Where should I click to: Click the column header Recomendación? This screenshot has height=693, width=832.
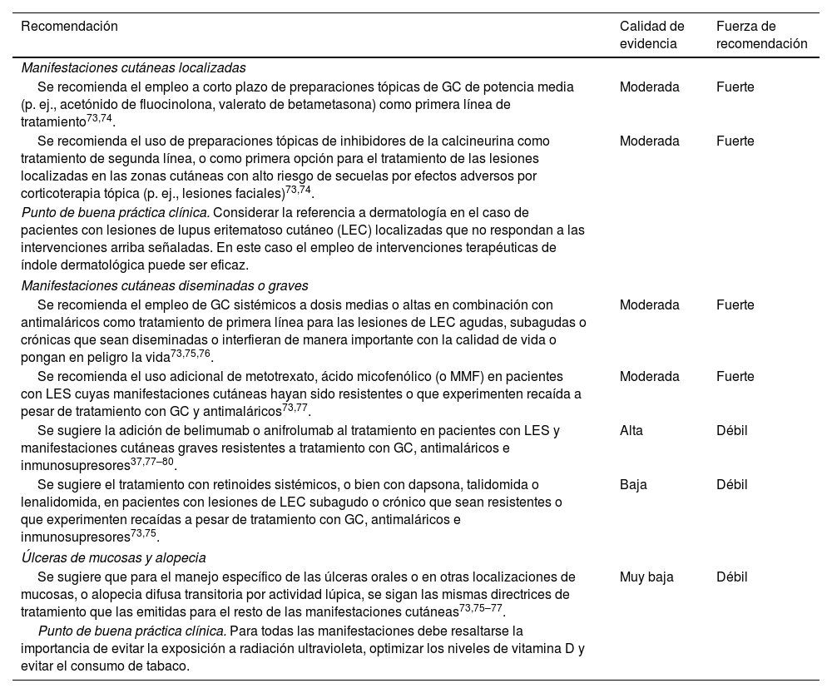click(x=69, y=27)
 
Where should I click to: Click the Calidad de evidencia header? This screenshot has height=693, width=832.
click(x=652, y=35)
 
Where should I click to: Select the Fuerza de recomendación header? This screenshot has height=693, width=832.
click(x=761, y=35)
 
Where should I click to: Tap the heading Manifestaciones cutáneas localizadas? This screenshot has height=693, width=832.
click(x=133, y=68)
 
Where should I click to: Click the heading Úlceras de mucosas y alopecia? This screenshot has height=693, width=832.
click(x=113, y=557)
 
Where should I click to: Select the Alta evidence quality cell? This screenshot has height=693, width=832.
click(x=631, y=431)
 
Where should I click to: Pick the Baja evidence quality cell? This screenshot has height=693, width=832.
click(x=633, y=484)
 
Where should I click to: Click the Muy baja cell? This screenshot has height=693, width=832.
click(x=646, y=577)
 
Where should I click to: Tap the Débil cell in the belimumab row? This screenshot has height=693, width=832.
click(x=732, y=431)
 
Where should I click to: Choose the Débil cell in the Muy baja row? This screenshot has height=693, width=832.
click(x=732, y=577)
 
